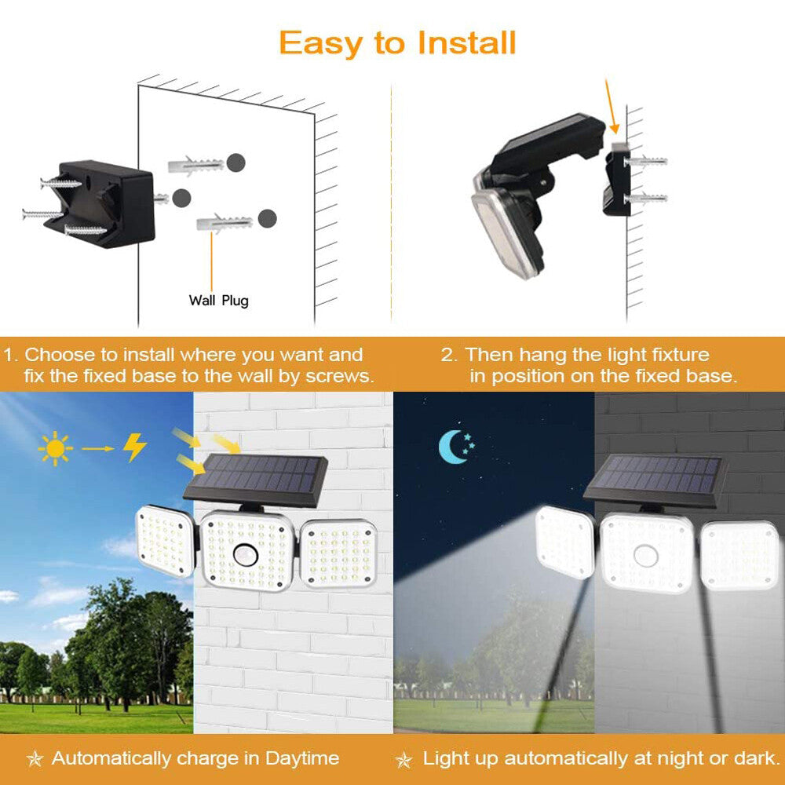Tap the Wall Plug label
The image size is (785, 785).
[218, 301]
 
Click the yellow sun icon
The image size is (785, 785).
[56, 448]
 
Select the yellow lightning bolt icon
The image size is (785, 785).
[134, 447]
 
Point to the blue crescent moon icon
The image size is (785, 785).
[455, 447]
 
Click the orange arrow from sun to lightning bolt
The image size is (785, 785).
[97, 448]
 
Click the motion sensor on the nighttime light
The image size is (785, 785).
[647, 553]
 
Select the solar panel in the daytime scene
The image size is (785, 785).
[256, 476]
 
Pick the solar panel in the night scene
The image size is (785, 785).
[655, 476]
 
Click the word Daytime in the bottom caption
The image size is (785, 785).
[303, 758]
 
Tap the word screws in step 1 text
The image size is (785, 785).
[341, 376]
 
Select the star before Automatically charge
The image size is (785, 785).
[35, 759]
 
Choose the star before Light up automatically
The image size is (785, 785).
[403, 759]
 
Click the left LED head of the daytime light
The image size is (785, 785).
[163, 542]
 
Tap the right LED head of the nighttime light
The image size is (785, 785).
[739, 554]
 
